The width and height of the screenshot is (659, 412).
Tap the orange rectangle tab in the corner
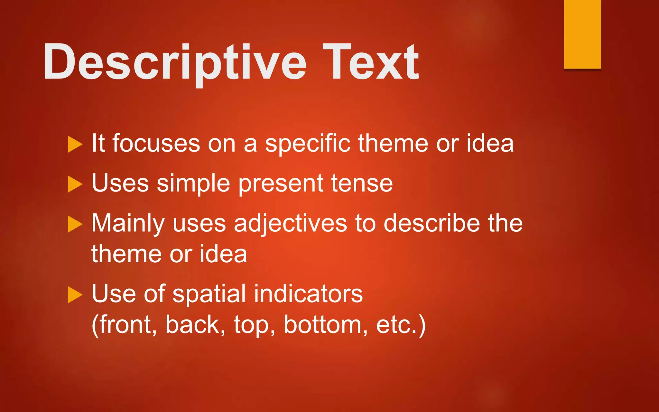pyautogui.click(x=582, y=34)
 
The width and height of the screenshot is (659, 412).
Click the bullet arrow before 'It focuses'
pyautogui.click(x=75, y=144)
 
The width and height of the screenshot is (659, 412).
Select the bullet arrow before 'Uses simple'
pyautogui.click(x=75, y=184)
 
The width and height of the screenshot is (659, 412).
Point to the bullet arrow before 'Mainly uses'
pyautogui.click(x=75, y=224)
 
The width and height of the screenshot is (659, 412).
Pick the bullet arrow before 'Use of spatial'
pyautogui.click(x=75, y=295)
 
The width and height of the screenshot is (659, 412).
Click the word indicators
pyautogui.click(x=308, y=294)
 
